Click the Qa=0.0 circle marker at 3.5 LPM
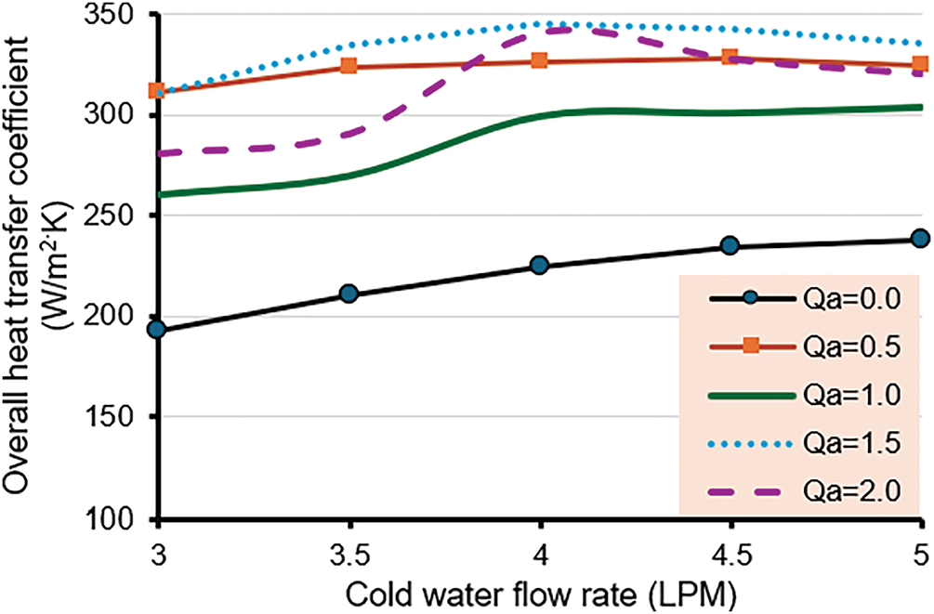click(349, 294)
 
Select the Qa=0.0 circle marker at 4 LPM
click(539, 266)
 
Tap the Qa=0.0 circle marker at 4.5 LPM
click(730, 245)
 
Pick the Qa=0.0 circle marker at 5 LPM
click(920, 239)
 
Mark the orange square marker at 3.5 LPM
click(349, 66)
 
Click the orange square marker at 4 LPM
click(539, 60)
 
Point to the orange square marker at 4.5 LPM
click(730, 58)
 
